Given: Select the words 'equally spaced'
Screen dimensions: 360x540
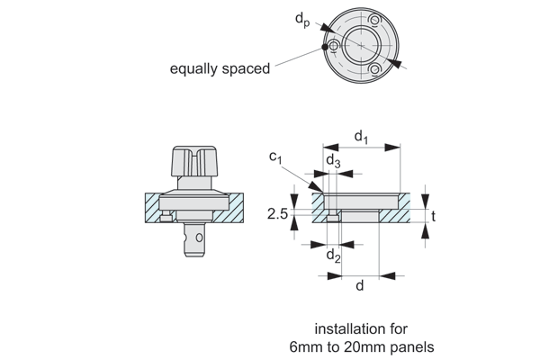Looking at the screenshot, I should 220,68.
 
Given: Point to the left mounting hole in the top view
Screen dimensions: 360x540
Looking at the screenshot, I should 336,47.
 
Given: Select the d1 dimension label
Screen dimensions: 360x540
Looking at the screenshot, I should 360,138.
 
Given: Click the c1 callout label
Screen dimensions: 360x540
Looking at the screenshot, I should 276,158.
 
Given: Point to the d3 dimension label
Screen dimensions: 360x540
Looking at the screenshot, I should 332,162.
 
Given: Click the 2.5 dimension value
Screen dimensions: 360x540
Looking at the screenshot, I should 279,214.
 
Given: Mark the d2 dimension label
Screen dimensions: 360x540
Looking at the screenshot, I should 333,256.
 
